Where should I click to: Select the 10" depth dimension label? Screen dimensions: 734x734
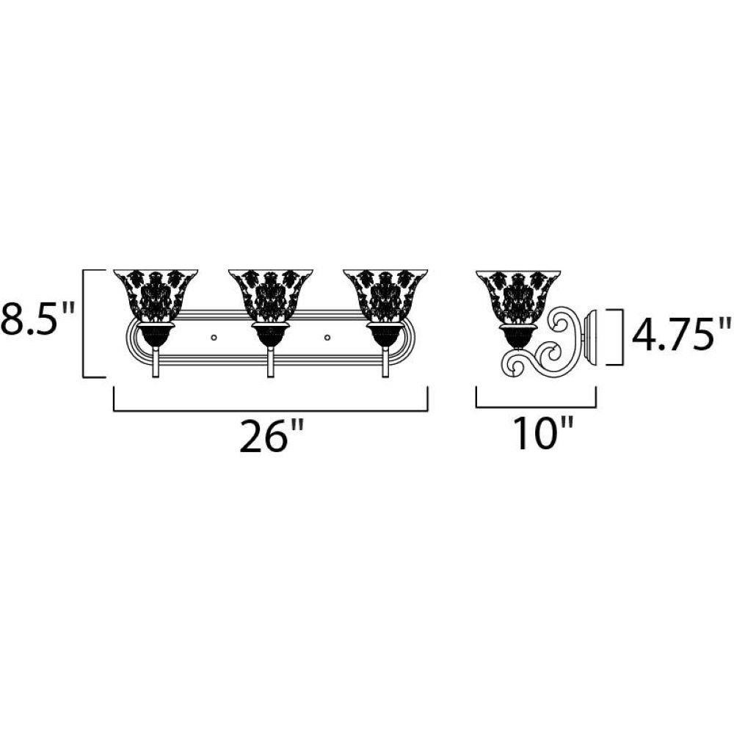(x=543, y=434)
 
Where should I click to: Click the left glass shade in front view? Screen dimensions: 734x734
(x=156, y=296)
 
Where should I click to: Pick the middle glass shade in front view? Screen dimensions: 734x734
(x=271, y=296)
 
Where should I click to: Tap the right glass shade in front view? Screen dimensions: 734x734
(x=385, y=296)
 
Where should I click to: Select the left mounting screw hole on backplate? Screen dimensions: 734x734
(x=214, y=337)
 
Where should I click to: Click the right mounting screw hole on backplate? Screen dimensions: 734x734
(x=327, y=337)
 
